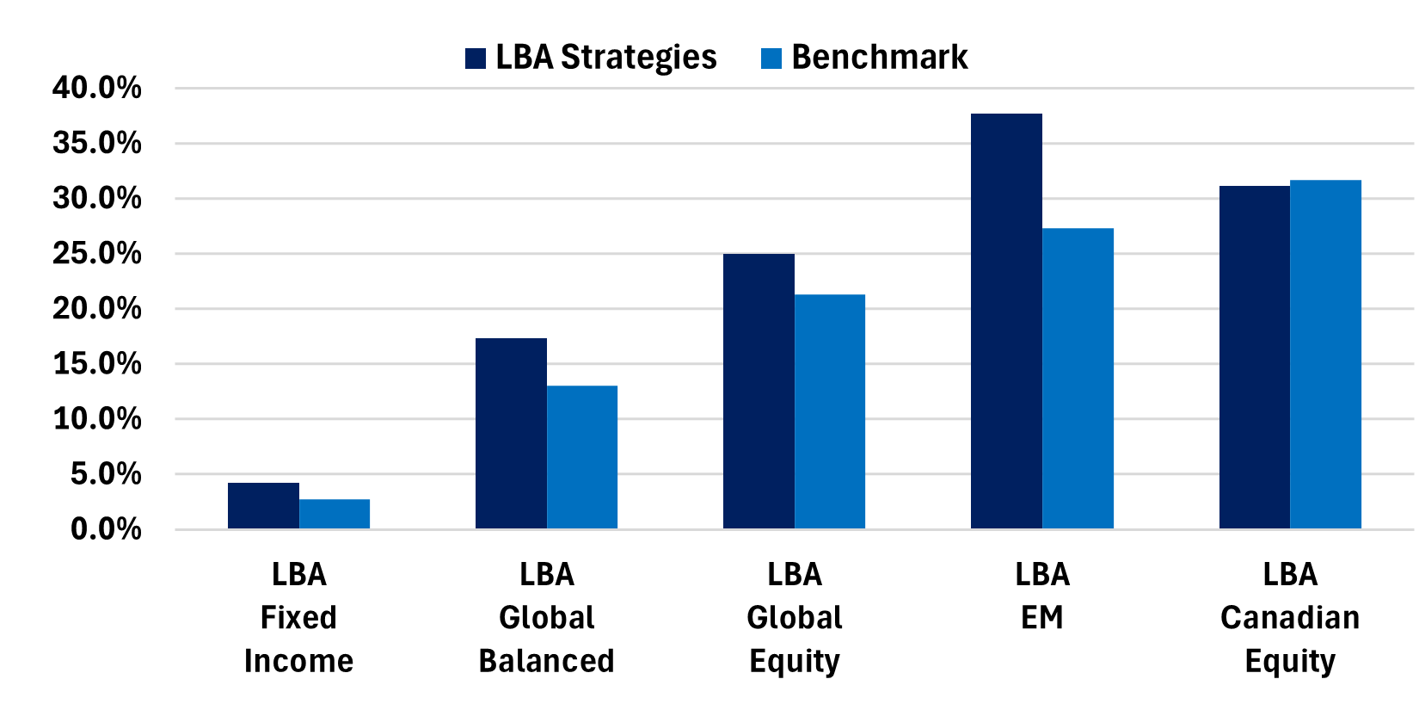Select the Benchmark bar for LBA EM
tap(1078, 379)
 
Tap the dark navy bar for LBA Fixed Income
tap(263, 506)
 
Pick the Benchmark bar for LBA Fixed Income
tap(335, 514)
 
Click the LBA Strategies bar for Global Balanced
tap(511, 434)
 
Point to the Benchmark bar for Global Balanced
tap(582, 457)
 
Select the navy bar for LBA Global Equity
tap(759, 392)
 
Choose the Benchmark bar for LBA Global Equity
tap(830, 411)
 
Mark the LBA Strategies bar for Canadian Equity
tap(1254, 357)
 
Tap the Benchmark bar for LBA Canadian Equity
tap(1325, 355)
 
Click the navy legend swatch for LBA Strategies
tap(476, 59)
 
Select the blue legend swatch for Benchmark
tap(771, 59)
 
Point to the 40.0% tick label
tap(96, 88)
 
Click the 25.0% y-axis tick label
tap(96, 254)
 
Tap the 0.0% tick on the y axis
tap(105, 529)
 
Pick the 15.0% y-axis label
tap(96, 364)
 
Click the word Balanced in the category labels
tap(546, 661)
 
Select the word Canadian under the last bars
tap(1290, 618)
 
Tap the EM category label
tap(1041, 618)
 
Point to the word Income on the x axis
tap(298, 661)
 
